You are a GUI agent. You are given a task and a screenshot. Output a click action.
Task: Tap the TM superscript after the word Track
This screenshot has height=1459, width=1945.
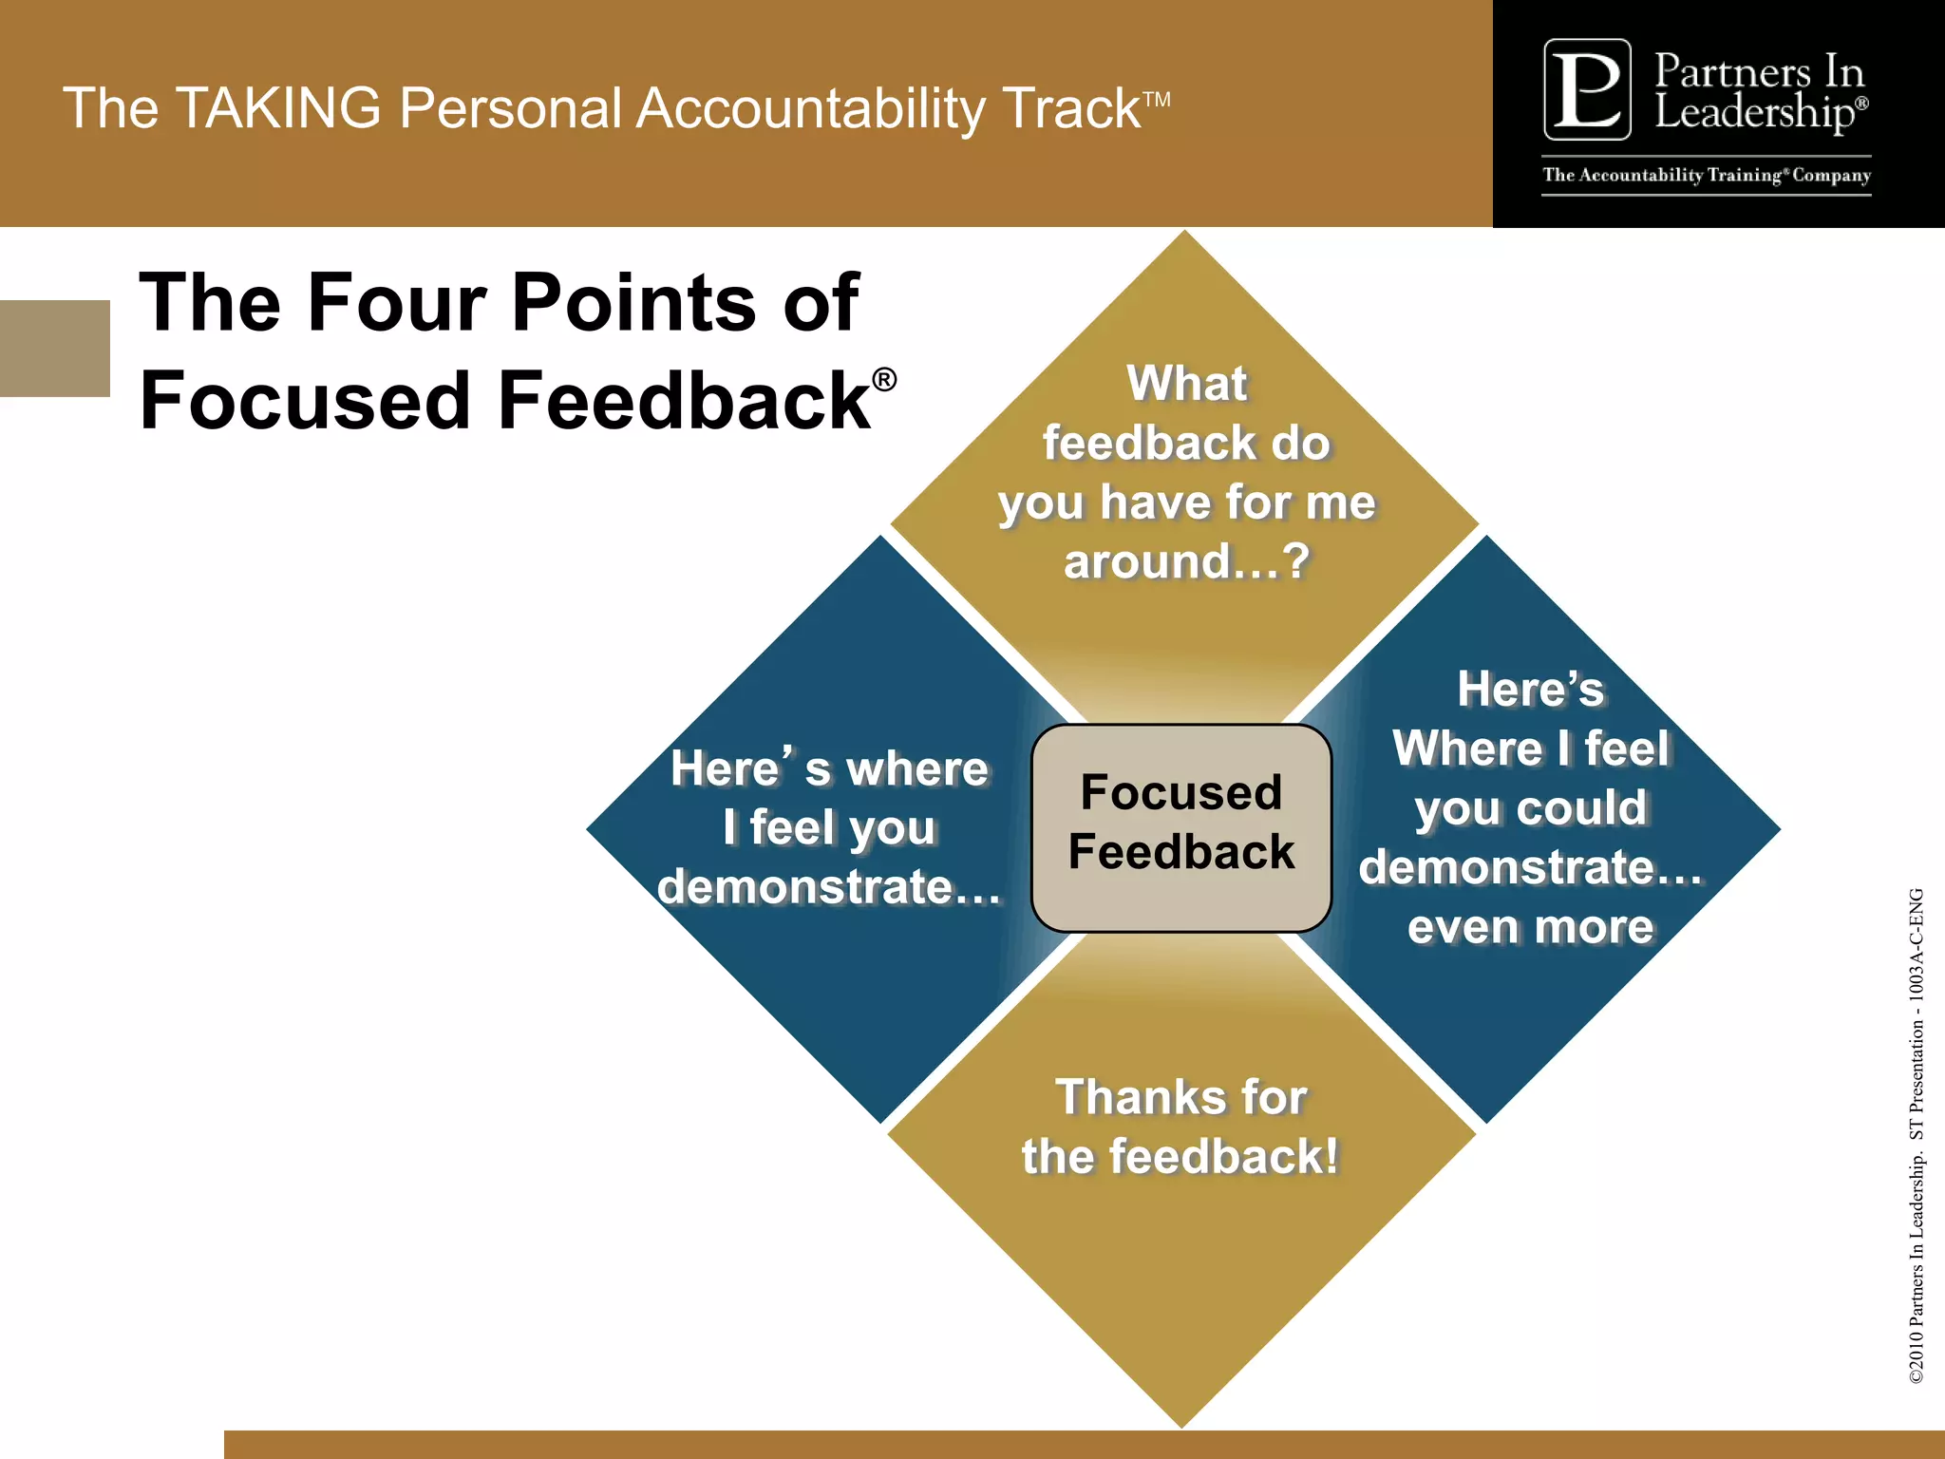(x=1156, y=98)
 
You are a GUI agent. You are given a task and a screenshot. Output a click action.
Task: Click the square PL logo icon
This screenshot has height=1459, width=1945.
(x=1587, y=89)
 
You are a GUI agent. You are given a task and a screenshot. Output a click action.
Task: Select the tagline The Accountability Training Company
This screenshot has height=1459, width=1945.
(x=1707, y=175)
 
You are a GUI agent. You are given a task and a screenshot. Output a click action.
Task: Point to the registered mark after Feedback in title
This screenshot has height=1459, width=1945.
(x=884, y=380)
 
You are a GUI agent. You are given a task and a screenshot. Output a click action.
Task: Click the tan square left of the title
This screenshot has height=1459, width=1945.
(x=54, y=348)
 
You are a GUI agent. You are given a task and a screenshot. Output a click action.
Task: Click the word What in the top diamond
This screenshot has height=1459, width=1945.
(x=1186, y=385)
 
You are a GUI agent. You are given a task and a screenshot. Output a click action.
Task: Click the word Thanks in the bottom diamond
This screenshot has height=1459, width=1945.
(x=1124, y=1097)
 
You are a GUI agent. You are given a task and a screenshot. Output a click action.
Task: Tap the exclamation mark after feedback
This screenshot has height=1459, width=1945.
(x=1331, y=1156)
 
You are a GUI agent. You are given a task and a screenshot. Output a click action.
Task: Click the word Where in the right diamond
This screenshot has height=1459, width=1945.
(x=1467, y=748)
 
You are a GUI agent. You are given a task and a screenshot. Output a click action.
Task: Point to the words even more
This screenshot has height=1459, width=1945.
(x=1530, y=927)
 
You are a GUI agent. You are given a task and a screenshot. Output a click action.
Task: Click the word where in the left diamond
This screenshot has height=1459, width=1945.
(x=916, y=768)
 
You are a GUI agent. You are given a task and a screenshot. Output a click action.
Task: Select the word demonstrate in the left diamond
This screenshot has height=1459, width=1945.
(x=805, y=887)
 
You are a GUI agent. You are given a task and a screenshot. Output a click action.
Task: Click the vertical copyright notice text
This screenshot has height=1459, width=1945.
(x=1917, y=1135)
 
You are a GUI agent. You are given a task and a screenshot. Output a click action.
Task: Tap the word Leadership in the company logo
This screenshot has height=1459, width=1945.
(x=1753, y=113)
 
